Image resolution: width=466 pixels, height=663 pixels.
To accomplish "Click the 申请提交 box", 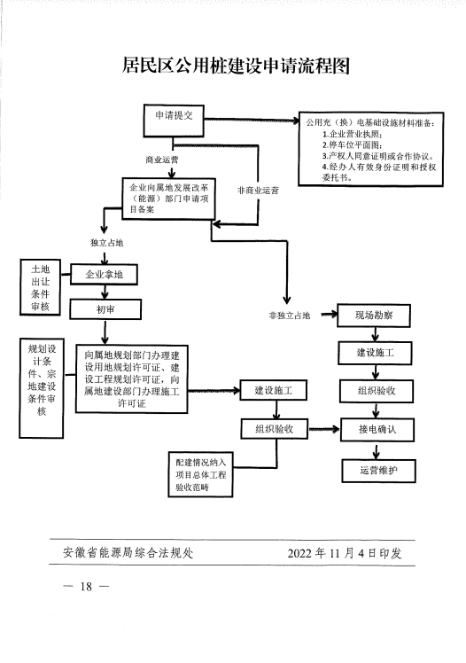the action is [174, 121].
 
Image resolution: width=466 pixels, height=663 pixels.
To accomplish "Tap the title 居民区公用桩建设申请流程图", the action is [236, 66].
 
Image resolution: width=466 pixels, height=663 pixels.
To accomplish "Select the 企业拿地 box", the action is [104, 275].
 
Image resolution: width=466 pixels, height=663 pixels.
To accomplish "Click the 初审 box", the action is [105, 309].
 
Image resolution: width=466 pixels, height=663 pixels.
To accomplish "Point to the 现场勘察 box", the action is [374, 316].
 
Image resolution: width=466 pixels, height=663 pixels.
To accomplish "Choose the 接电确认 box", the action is [377, 430].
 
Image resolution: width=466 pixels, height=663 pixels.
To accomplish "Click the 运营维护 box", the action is [378, 471].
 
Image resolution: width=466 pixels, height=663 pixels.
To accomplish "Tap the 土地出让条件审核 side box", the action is [40, 287].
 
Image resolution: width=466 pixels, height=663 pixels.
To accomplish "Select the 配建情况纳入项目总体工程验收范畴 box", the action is [200, 474].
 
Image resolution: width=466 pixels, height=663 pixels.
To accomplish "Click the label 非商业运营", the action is [258, 191].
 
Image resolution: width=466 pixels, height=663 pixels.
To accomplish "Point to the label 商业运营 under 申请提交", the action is [162, 160].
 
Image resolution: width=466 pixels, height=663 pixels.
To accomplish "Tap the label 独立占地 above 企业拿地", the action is [106, 243].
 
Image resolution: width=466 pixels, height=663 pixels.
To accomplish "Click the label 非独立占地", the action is [290, 316].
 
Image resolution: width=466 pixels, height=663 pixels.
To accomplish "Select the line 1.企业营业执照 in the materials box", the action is [352, 134].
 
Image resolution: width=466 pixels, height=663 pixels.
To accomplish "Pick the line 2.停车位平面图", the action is [352, 145].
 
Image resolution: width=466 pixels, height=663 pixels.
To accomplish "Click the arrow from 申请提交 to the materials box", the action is [252, 121].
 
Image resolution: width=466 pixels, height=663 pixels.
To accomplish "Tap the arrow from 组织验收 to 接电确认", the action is [324, 430].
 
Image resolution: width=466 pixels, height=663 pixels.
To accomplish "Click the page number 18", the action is [86, 587].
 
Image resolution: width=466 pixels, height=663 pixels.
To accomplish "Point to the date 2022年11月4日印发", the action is [345, 553].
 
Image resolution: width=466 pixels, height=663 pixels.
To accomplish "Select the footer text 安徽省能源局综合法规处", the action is [128, 552].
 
